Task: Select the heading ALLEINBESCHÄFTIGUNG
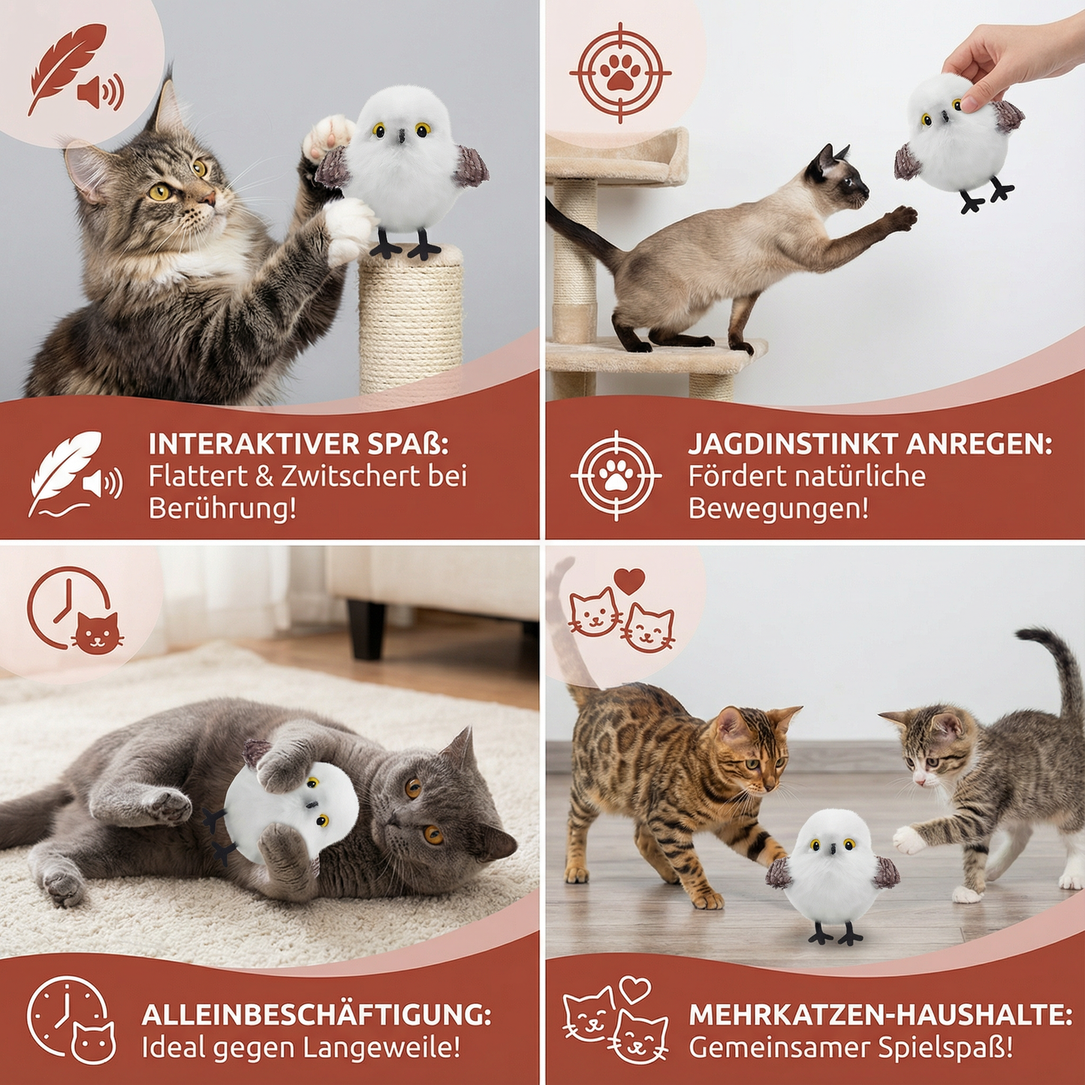pos(316,1014)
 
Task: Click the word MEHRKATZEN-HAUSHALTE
pos(880,1014)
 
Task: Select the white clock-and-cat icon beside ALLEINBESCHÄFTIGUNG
pos(71,1019)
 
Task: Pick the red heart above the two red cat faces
pos(629,580)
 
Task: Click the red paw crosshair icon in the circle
pos(620,74)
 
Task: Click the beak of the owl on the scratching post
pos(402,136)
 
